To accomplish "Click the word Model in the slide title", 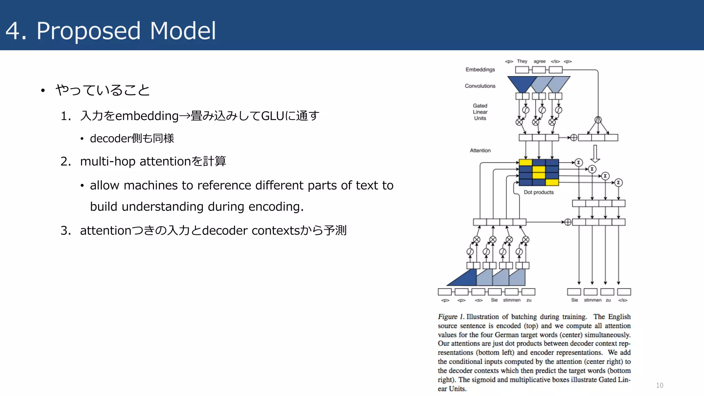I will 183,31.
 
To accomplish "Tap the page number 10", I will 659,385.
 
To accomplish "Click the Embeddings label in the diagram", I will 480,69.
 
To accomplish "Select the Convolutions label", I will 480,86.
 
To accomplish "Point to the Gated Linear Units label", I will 480,112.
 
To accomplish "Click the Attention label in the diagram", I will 480,151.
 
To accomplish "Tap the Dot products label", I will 538,192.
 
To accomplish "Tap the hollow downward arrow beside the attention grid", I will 595,154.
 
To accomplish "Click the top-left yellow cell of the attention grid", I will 525,163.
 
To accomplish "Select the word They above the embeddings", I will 522,61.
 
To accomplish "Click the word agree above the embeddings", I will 539,61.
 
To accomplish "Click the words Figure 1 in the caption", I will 451,317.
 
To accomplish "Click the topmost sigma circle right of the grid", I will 579,162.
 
